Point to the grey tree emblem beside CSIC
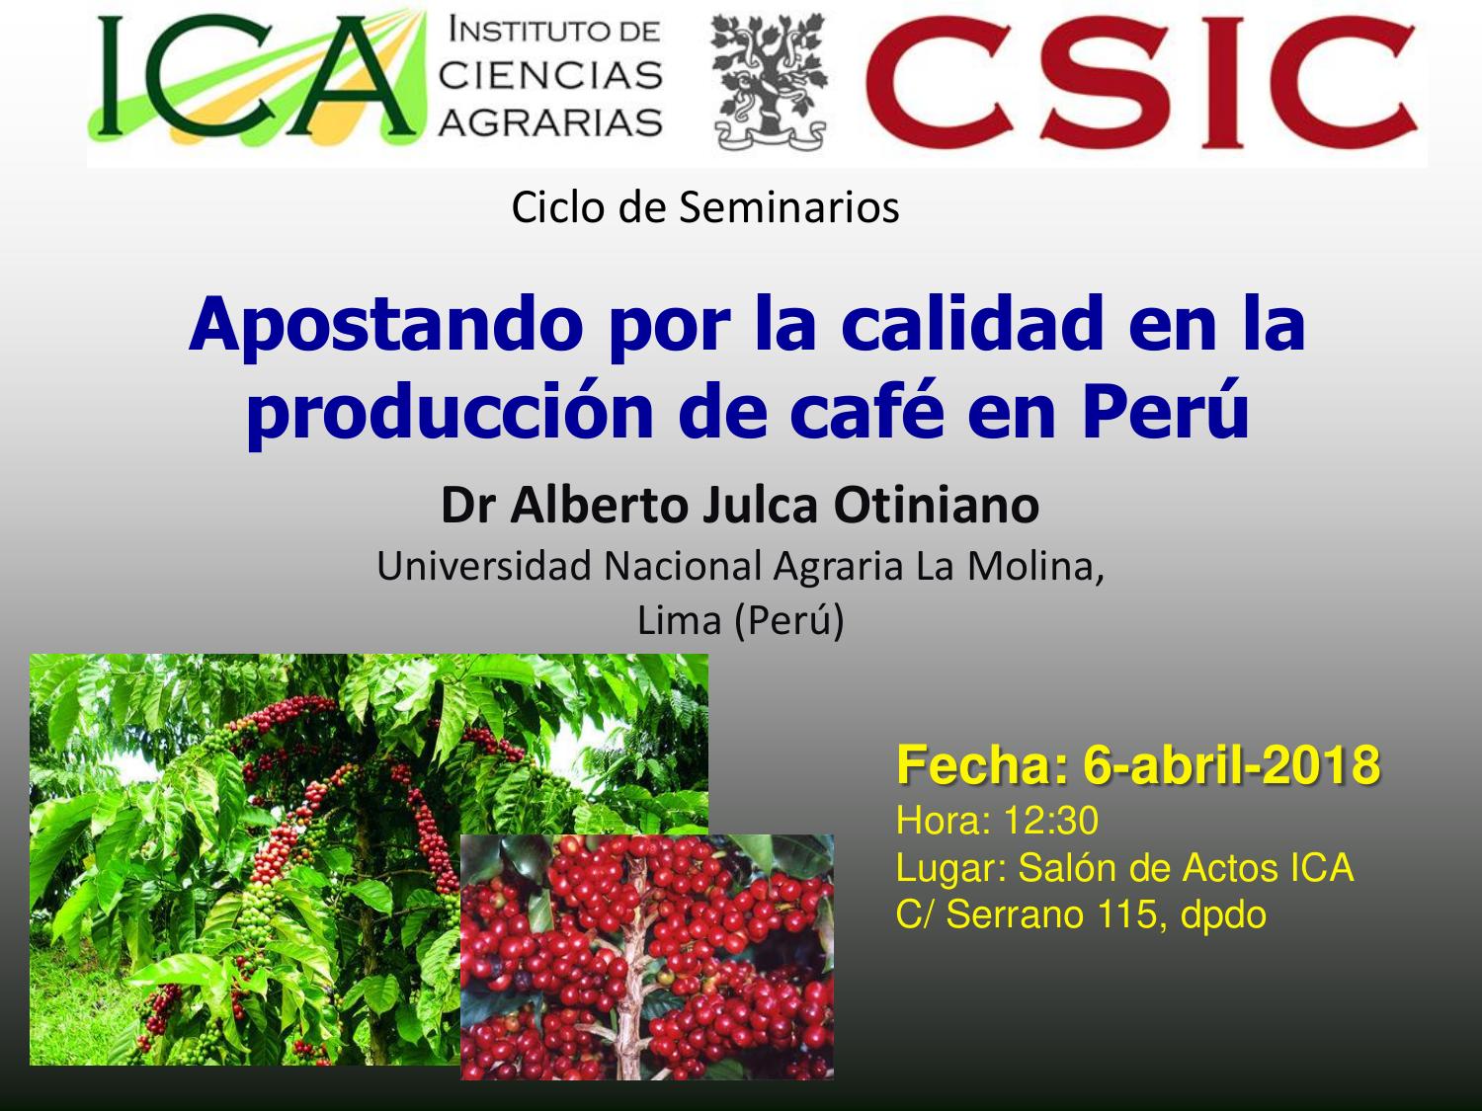tap(769, 82)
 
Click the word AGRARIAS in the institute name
tap(550, 122)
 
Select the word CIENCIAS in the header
tap(550, 75)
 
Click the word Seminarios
tap(788, 207)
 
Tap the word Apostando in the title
tap(385, 325)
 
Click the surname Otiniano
tap(937, 505)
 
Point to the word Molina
tap(1035, 566)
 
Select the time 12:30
tap(1051, 821)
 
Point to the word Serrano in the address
tap(1015, 916)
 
